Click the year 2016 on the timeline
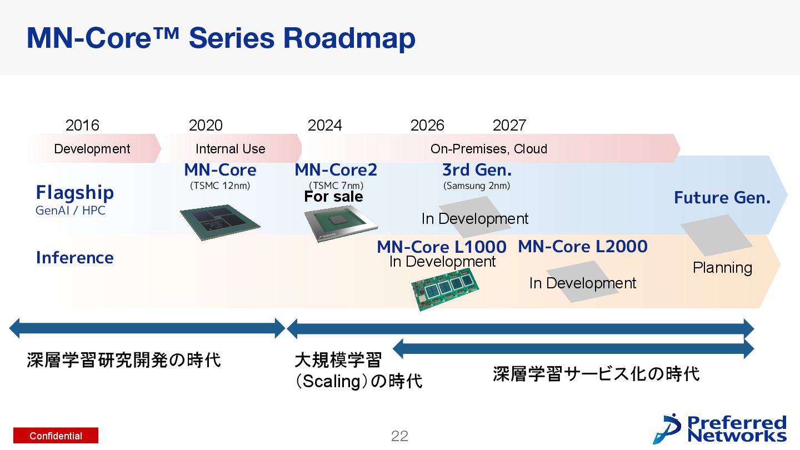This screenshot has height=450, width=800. (82, 126)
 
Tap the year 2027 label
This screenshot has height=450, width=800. (509, 126)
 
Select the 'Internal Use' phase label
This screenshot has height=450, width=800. (230, 149)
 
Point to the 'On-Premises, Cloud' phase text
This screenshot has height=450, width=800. (489, 149)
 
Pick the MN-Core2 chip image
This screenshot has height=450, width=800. (341, 226)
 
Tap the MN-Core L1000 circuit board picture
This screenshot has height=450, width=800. (446, 288)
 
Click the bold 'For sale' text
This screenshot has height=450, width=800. (333, 197)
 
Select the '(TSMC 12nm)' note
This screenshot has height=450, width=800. (220, 186)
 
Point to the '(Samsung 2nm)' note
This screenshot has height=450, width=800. (477, 186)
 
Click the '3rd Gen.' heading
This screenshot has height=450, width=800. (477, 170)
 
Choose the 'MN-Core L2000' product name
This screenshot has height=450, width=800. (583, 246)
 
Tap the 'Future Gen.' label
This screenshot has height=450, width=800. (722, 198)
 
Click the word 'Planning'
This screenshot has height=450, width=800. (722, 268)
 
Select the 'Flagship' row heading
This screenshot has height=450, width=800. (75, 193)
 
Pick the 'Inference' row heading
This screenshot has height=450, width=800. (74, 258)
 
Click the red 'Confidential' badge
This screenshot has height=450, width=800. (56, 436)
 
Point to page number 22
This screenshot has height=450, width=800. (399, 436)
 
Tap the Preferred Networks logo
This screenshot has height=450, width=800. (721, 429)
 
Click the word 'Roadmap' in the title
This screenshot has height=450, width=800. (349, 39)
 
